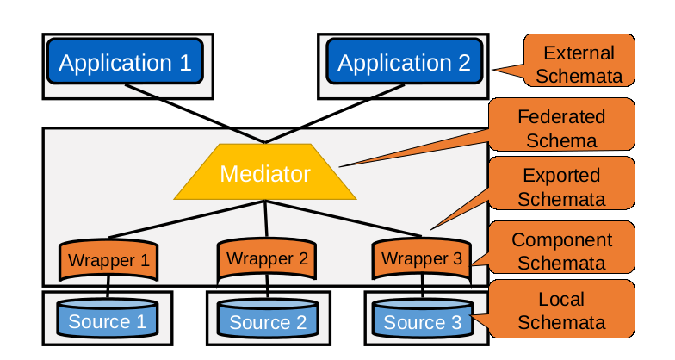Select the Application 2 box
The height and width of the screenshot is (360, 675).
(404, 63)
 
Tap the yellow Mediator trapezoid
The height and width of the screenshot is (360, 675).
(265, 174)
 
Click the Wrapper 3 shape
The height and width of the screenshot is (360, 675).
(421, 258)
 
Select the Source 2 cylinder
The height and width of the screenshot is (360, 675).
(267, 321)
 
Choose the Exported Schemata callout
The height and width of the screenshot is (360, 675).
(564, 187)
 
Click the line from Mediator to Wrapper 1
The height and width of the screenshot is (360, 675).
(181, 221)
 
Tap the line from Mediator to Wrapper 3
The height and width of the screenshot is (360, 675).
(349, 220)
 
